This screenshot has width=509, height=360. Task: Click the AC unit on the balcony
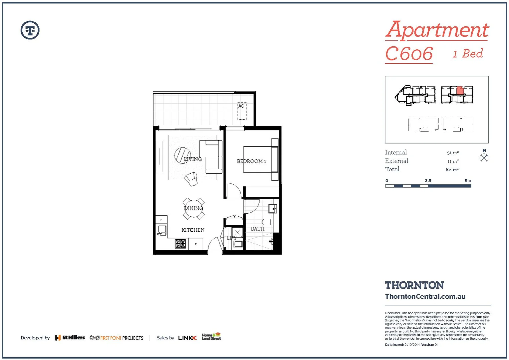(x=242, y=111)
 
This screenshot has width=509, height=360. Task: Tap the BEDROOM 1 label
(x=252, y=161)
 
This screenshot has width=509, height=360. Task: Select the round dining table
(x=194, y=209)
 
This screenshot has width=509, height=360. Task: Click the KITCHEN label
(x=193, y=230)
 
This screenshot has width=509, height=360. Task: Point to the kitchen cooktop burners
(x=180, y=244)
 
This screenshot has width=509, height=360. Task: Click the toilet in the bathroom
(x=267, y=222)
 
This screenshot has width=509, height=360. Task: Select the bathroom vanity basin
(x=272, y=209)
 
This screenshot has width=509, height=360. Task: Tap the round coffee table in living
(x=182, y=155)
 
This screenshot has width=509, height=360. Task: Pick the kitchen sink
(x=162, y=230)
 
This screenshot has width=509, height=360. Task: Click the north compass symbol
(x=484, y=158)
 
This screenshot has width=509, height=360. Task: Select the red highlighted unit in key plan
(x=460, y=91)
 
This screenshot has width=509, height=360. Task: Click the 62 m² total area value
(x=452, y=170)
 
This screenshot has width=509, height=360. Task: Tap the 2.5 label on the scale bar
(x=428, y=181)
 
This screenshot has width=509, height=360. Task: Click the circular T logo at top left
(x=30, y=30)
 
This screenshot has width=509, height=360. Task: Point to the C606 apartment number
(x=409, y=54)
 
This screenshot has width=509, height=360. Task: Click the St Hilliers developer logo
(x=70, y=338)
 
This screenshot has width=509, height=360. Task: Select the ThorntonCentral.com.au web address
(x=425, y=296)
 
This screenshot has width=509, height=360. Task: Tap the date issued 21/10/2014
(x=412, y=345)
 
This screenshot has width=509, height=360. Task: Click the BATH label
(x=257, y=229)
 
